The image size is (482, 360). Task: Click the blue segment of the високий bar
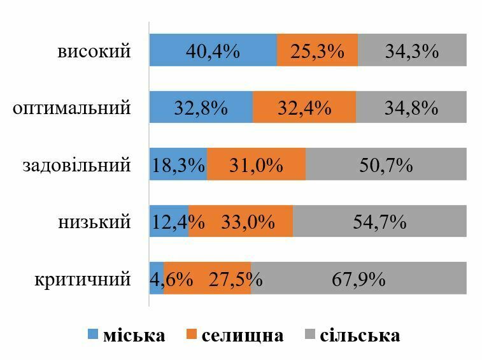point(213,50)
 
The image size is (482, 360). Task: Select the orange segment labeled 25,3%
point(317,50)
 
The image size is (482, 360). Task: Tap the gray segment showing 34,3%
point(412,50)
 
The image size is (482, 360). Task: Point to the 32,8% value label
point(201,108)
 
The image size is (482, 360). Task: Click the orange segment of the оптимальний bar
point(304,108)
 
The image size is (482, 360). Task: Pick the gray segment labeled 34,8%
point(411,108)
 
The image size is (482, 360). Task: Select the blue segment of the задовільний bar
point(178,165)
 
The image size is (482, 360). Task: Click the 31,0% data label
point(256,165)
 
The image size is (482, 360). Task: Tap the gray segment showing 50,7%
point(386,165)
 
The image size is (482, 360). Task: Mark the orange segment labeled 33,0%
point(241,222)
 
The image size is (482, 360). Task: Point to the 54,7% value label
point(379,222)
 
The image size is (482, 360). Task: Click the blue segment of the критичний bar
point(156,279)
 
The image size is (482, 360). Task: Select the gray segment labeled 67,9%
point(358,279)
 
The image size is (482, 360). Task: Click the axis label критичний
point(83,279)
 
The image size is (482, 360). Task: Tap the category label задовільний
point(77,165)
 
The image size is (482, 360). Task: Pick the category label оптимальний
point(72,108)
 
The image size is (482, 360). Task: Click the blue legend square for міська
point(93,335)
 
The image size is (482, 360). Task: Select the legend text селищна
point(243,335)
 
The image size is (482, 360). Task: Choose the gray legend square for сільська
point(311,335)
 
